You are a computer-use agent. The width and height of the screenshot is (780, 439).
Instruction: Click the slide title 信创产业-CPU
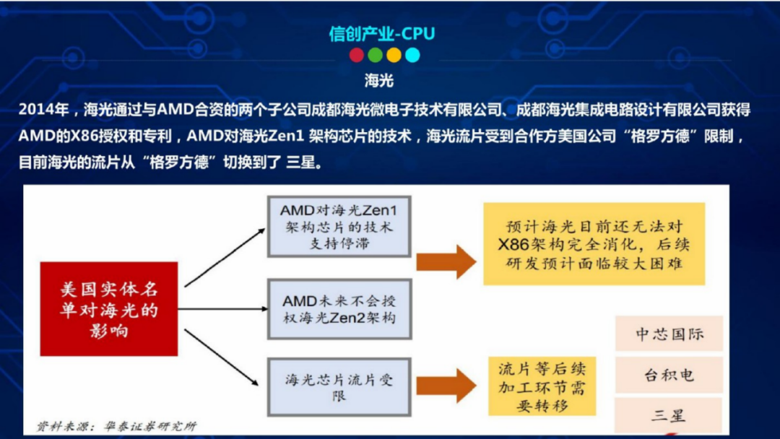(382, 33)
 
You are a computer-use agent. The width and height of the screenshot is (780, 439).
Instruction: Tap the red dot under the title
(357, 55)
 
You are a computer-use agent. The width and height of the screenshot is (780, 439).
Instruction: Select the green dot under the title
(375, 55)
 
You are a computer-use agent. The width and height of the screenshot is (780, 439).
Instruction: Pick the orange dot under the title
(394, 55)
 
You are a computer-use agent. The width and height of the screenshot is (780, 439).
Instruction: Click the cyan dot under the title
(412, 55)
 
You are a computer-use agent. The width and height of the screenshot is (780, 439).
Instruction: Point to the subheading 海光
(379, 80)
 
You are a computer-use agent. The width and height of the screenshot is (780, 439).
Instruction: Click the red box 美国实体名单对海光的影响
(108, 309)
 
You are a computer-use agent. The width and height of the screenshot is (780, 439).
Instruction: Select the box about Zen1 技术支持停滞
(339, 226)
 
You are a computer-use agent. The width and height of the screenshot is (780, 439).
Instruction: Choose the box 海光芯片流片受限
(339, 386)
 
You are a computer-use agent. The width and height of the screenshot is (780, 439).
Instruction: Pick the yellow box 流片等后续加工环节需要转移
(542, 386)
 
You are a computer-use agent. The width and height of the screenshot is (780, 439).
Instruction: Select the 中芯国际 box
(669, 334)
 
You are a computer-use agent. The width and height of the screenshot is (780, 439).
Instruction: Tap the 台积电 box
(669, 375)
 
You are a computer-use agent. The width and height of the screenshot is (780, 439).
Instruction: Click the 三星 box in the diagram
(669, 415)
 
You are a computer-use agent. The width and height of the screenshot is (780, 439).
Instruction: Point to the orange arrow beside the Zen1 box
(446, 261)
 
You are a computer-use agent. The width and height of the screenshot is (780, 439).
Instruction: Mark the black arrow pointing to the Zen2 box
(224, 309)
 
